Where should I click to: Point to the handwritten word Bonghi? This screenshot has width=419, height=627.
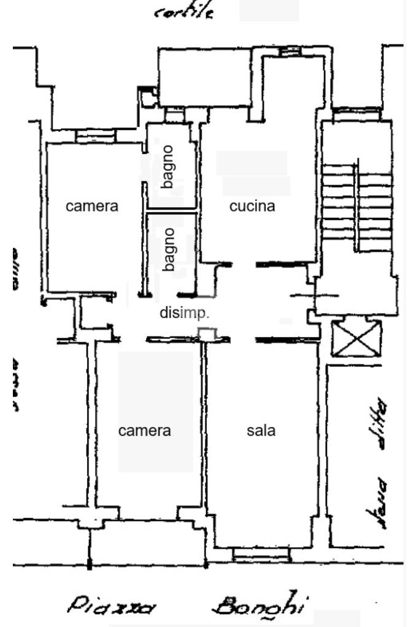(x=258, y=604)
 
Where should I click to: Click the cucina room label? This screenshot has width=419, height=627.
(x=252, y=207)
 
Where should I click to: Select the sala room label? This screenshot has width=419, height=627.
(x=261, y=430)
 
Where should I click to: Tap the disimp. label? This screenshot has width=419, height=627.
(x=185, y=313)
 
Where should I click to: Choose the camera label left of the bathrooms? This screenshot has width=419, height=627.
(x=92, y=207)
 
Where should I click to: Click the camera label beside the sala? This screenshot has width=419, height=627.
(x=145, y=431)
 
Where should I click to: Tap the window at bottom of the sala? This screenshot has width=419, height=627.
(x=261, y=555)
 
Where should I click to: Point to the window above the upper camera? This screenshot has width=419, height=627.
(x=95, y=136)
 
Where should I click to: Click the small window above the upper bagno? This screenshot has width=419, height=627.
(x=174, y=116)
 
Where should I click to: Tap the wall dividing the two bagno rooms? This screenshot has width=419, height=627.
(x=171, y=211)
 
